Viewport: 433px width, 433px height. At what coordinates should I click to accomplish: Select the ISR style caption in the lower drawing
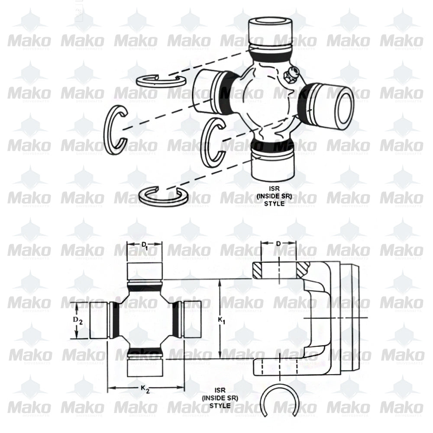point(220,398)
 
